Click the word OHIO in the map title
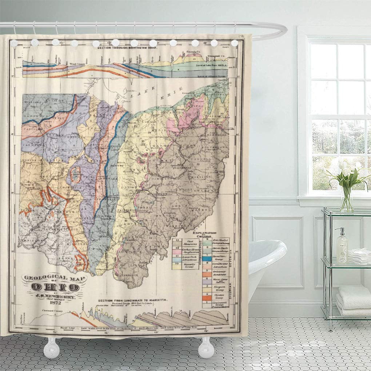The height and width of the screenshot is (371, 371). [x=55, y=287]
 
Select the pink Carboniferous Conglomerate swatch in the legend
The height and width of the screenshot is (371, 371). [x=177, y=251]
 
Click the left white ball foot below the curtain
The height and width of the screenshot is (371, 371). [x=51, y=348]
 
